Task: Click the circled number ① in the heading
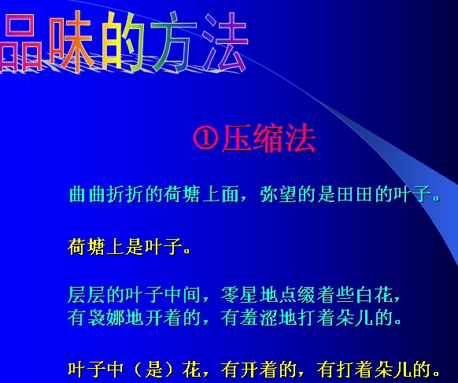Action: (x=206, y=138)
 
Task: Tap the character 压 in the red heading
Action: (x=237, y=138)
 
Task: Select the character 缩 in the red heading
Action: (x=268, y=138)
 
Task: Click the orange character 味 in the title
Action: (x=72, y=41)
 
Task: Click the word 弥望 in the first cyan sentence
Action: (x=278, y=193)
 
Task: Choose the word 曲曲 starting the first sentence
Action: (x=87, y=193)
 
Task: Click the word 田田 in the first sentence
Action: (x=355, y=193)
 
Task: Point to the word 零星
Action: (x=239, y=295)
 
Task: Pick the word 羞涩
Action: (x=259, y=318)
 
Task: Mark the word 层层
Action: (x=87, y=295)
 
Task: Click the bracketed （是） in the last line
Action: (x=153, y=370)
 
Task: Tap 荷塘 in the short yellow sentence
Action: (x=87, y=247)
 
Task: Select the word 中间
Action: (x=183, y=295)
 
